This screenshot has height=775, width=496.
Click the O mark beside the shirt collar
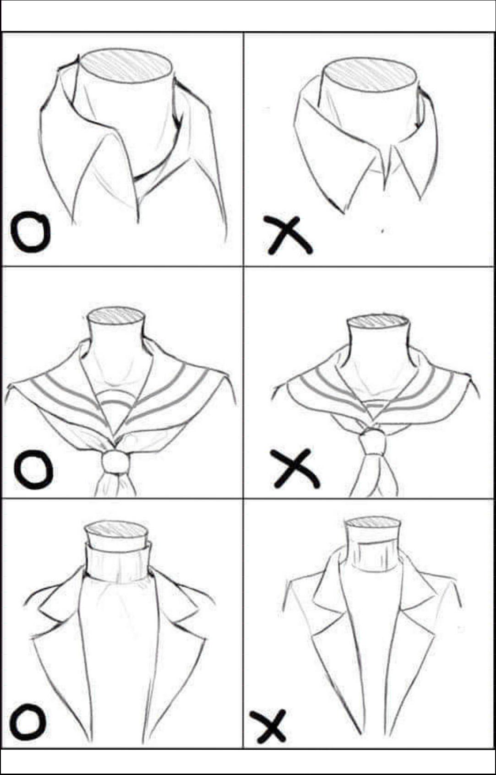[30, 232]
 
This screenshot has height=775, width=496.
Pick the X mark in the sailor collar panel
[295, 468]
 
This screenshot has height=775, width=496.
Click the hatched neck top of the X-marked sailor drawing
[377, 321]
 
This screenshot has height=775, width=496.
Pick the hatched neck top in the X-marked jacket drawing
[372, 525]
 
